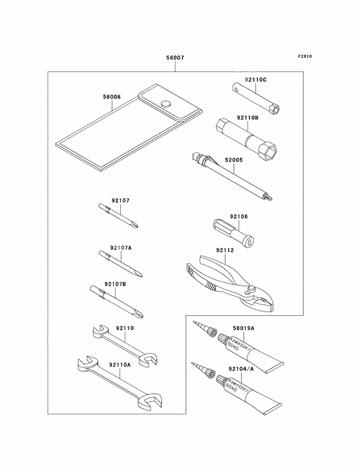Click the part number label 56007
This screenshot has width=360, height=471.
click(175, 57)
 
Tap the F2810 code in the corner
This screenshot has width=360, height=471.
click(305, 56)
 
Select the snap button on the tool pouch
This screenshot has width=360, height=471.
click(166, 104)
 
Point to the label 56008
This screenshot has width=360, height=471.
click(112, 97)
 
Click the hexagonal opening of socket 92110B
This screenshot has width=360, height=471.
click(270, 148)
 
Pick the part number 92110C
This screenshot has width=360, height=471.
click(256, 80)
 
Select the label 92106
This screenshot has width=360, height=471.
click(239, 216)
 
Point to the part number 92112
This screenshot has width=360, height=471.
click(225, 250)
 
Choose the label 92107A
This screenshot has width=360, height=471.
click(121, 248)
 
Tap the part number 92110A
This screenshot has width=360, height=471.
click(120, 365)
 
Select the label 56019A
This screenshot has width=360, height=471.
click(244, 328)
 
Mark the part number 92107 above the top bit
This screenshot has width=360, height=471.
click(121, 200)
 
